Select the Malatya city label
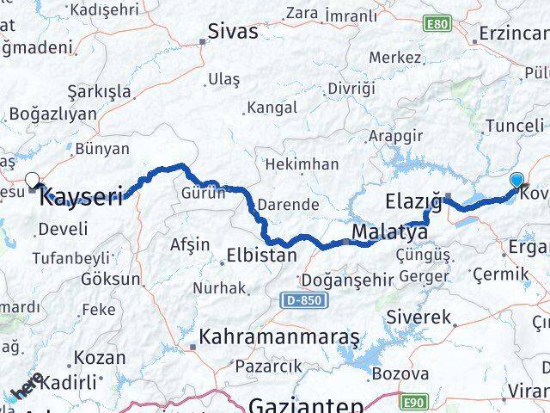pos(389,232)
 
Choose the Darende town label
pos(290,206)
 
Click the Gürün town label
pos(203,194)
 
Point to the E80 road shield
pos(437,24)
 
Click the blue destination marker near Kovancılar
pos(516,180)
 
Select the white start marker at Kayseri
pos(33,180)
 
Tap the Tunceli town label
pos(514,126)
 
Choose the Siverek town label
pos(422,317)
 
